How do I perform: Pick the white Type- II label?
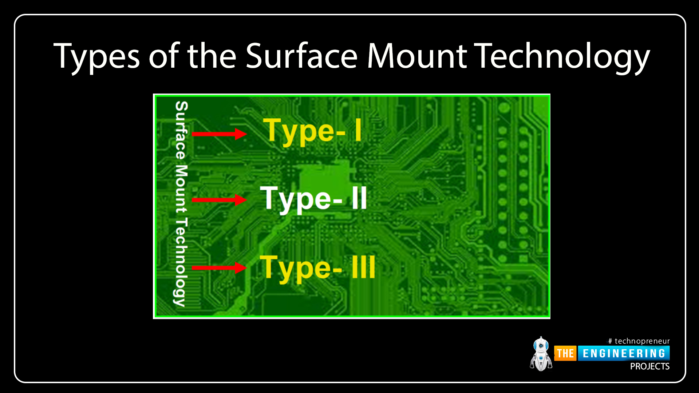tap(313, 199)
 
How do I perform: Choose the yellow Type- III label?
tap(317, 268)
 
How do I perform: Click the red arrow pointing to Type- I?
tap(219, 134)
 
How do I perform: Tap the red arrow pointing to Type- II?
tap(219, 200)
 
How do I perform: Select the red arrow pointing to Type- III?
tap(219, 268)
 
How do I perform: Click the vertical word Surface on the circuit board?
tap(181, 130)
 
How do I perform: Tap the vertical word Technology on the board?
tap(181, 262)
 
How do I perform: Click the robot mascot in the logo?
tap(541, 354)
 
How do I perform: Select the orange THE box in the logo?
tap(565, 353)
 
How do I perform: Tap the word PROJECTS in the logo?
tap(650, 366)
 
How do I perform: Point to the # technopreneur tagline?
tap(639, 341)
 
